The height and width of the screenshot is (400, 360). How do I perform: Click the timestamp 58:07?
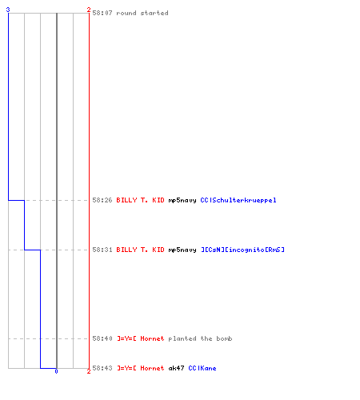[x=102, y=13]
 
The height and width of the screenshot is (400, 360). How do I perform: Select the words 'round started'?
[x=142, y=13]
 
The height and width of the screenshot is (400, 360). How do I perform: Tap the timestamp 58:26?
[x=102, y=200]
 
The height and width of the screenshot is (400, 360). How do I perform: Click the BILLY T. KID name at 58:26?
[x=140, y=200]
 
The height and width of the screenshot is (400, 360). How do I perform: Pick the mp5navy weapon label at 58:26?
[x=182, y=200]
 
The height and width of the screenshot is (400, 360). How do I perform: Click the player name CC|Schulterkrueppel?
[x=238, y=200]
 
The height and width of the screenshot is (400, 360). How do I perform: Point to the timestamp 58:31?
[x=102, y=250]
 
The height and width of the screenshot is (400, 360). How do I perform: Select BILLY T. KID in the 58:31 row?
[x=140, y=250]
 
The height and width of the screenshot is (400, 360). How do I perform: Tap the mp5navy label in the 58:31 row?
[x=182, y=250]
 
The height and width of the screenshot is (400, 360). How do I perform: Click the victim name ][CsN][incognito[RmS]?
[x=242, y=250]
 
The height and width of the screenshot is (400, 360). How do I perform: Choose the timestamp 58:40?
[x=102, y=338]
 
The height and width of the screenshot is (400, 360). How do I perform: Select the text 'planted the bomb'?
[x=200, y=338]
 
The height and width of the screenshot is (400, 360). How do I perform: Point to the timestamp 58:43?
[x=102, y=368]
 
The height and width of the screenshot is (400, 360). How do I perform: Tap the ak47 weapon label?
[x=176, y=368]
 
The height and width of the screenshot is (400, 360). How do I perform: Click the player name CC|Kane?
[x=202, y=368]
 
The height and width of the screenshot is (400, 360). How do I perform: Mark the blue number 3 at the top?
[x=8, y=10]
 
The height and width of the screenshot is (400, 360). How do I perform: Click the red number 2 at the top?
[x=89, y=10]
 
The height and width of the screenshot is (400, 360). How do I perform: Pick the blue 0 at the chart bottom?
[x=56, y=371]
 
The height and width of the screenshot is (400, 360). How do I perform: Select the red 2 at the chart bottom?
[x=89, y=371]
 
